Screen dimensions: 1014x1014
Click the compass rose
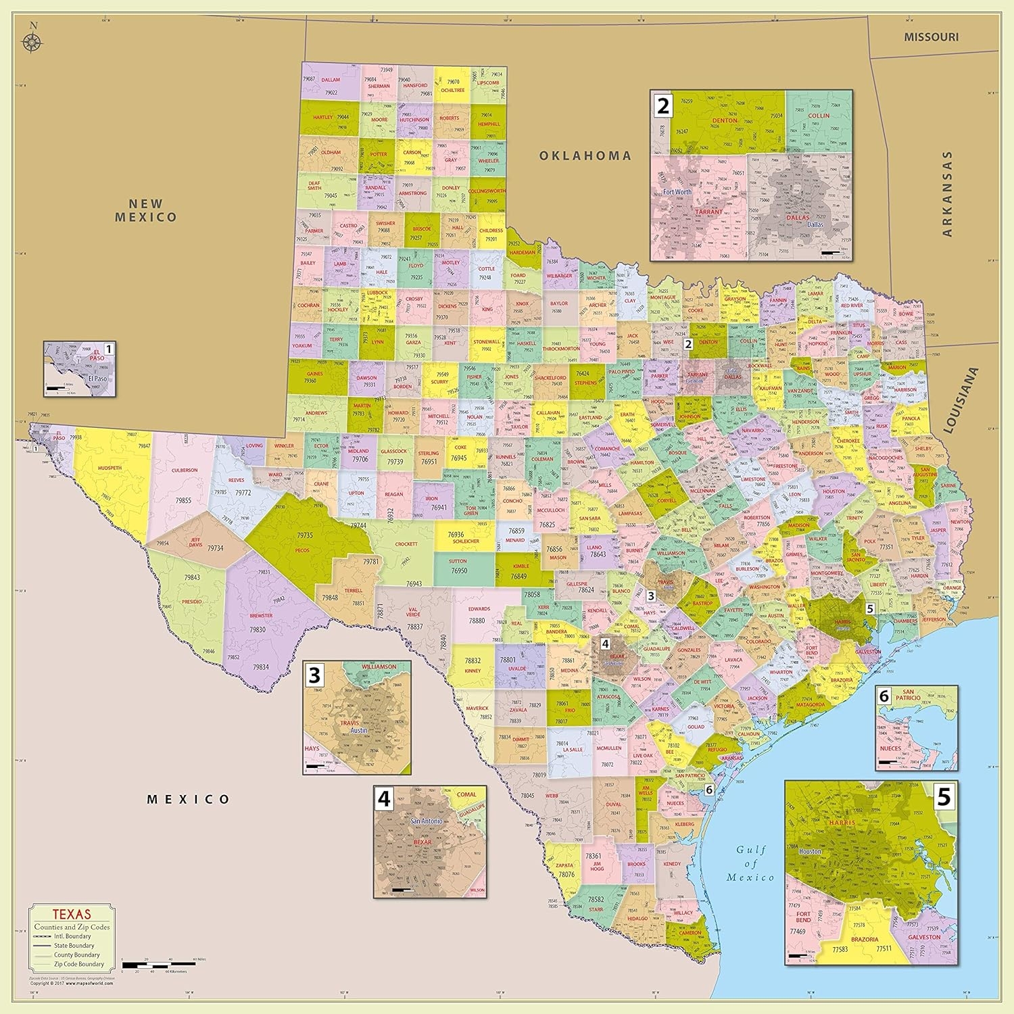pyautogui.click(x=32, y=40)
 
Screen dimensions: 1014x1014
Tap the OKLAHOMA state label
pyautogui.click(x=585, y=155)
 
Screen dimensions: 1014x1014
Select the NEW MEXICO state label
pyautogui.click(x=145, y=210)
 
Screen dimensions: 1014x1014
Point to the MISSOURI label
pyautogui.click(x=931, y=37)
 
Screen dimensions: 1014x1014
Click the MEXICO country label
pyautogui.click(x=189, y=799)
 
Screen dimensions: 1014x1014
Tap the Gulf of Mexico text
pyautogui.click(x=750, y=863)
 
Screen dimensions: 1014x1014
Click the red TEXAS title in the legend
pyautogui.click(x=72, y=915)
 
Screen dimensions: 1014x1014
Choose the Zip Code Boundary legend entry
pyautogui.click(x=79, y=964)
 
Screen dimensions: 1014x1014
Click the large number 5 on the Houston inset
pyautogui.click(x=943, y=798)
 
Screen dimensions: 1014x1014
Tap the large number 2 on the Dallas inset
pyautogui.click(x=663, y=105)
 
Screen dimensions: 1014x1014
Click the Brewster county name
pyautogui.click(x=261, y=615)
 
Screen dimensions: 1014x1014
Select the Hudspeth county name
pyautogui.click(x=110, y=468)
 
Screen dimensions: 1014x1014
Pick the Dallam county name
pyautogui.click(x=331, y=80)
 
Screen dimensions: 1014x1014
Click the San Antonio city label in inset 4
pyautogui.click(x=427, y=821)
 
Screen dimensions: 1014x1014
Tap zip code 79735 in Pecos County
pyautogui.click(x=304, y=535)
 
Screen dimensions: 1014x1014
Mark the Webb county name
pyautogui.click(x=552, y=796)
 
